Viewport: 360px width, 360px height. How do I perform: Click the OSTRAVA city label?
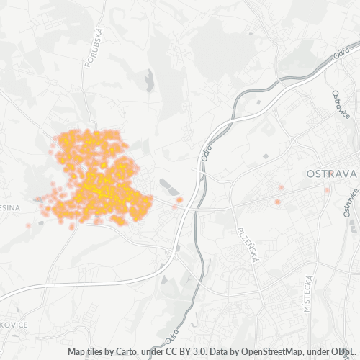(332, 174)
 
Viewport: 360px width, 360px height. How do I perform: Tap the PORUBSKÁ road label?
(94, 48)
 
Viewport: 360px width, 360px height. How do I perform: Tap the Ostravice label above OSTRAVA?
(339, 104)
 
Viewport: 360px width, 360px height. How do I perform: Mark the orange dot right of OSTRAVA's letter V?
(327, 190)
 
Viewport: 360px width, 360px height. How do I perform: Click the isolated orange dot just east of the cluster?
(179, 199)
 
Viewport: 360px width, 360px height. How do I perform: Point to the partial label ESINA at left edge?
(10, 207)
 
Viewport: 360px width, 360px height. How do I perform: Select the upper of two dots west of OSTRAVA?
(281, 188)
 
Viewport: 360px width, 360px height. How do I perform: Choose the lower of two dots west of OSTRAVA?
(277, 202)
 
